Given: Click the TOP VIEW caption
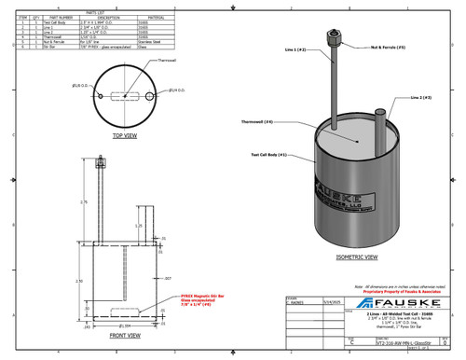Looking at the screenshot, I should [124, 134].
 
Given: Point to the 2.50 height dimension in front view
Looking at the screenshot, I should [78, 280].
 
